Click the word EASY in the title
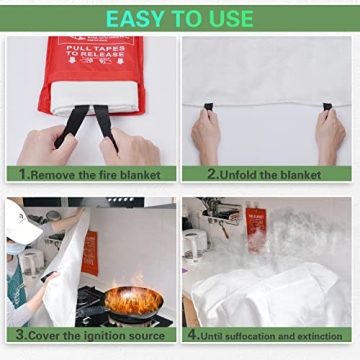tap(136, 19)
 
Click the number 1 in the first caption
tap(22, 173)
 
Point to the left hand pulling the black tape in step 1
tap(45, 145)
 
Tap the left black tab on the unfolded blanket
tap(208, 106)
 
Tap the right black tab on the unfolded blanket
tap(327, 106)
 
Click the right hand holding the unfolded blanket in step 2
tap(330, 135)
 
